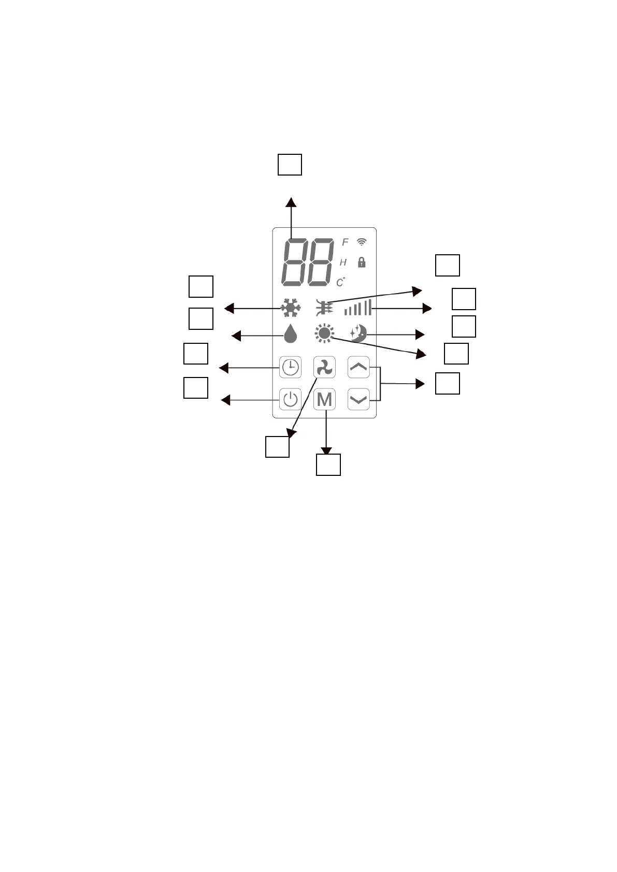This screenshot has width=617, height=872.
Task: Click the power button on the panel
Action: click(290, 399)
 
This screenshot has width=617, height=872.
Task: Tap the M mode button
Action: click(325, 399)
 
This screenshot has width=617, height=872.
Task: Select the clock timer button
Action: click(290, 367)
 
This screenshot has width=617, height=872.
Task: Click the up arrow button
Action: click(358, 367)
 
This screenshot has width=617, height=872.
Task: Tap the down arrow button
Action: click(358, 399)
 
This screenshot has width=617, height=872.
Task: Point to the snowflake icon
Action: click(291, 308)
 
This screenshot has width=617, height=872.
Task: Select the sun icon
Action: click(324, 334)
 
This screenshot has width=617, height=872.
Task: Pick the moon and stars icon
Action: click(358, 333)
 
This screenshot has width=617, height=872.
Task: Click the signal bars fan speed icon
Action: click(358, 308)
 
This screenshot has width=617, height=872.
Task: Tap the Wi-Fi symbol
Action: click(362, 242)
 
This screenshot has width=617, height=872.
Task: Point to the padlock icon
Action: click(362, 262)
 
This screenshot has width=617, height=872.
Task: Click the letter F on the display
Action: click(345, 242)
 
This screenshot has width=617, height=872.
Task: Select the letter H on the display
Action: click(343, 263)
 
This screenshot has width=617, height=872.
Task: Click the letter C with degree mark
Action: click(340, 282)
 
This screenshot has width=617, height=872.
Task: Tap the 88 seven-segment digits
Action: click(307, 262)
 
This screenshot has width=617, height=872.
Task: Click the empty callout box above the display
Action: click(290, 164)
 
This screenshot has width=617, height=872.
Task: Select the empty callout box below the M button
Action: click(328, 464)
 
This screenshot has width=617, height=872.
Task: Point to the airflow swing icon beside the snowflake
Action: click(324, 308)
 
